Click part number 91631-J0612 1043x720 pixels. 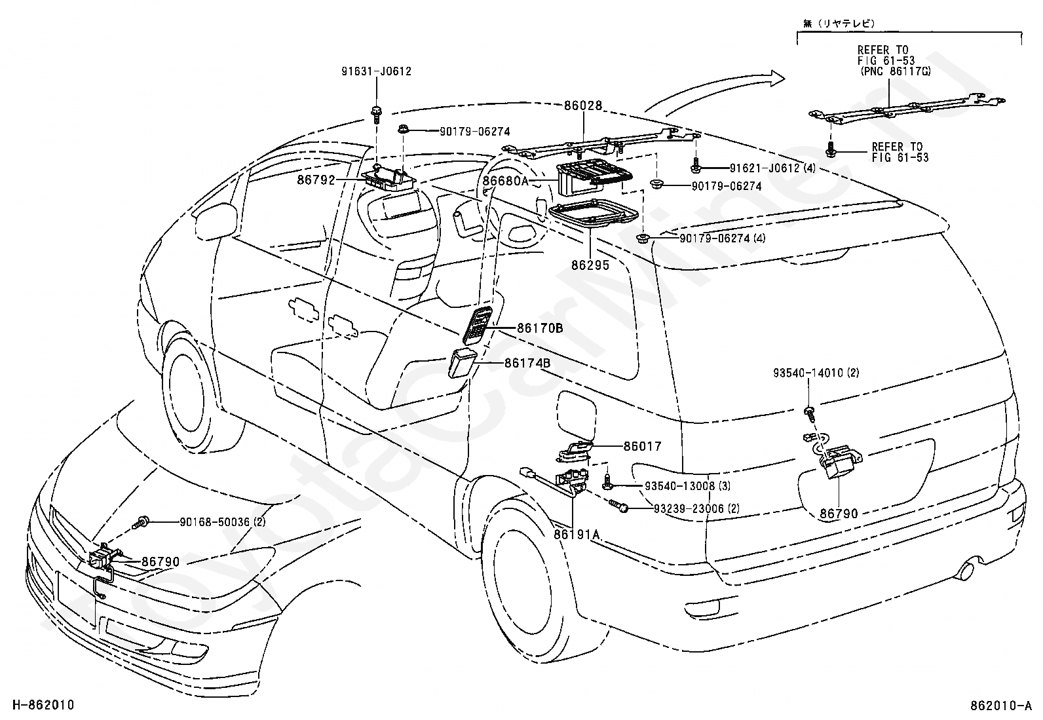click(376, 71)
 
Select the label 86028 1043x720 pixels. click(583, 105)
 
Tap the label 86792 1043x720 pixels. click(316, 180)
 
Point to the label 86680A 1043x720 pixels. click(505, 181)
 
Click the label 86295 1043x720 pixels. click(590, 265)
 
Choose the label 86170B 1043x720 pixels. click(540, 328)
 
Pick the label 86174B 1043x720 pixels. click(527, 362)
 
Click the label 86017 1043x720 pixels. click(643, 446)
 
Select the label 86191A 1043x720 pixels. click(577, 535)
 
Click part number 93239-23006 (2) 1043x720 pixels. click(696, 508)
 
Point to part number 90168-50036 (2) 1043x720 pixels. click(223, 522)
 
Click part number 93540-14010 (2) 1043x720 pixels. click(816, 373)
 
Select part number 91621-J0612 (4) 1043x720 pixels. click(772, 168)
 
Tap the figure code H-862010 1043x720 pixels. click(43, 705)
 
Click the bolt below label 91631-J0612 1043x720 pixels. click(375, 113)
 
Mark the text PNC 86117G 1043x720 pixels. click(895, 72)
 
